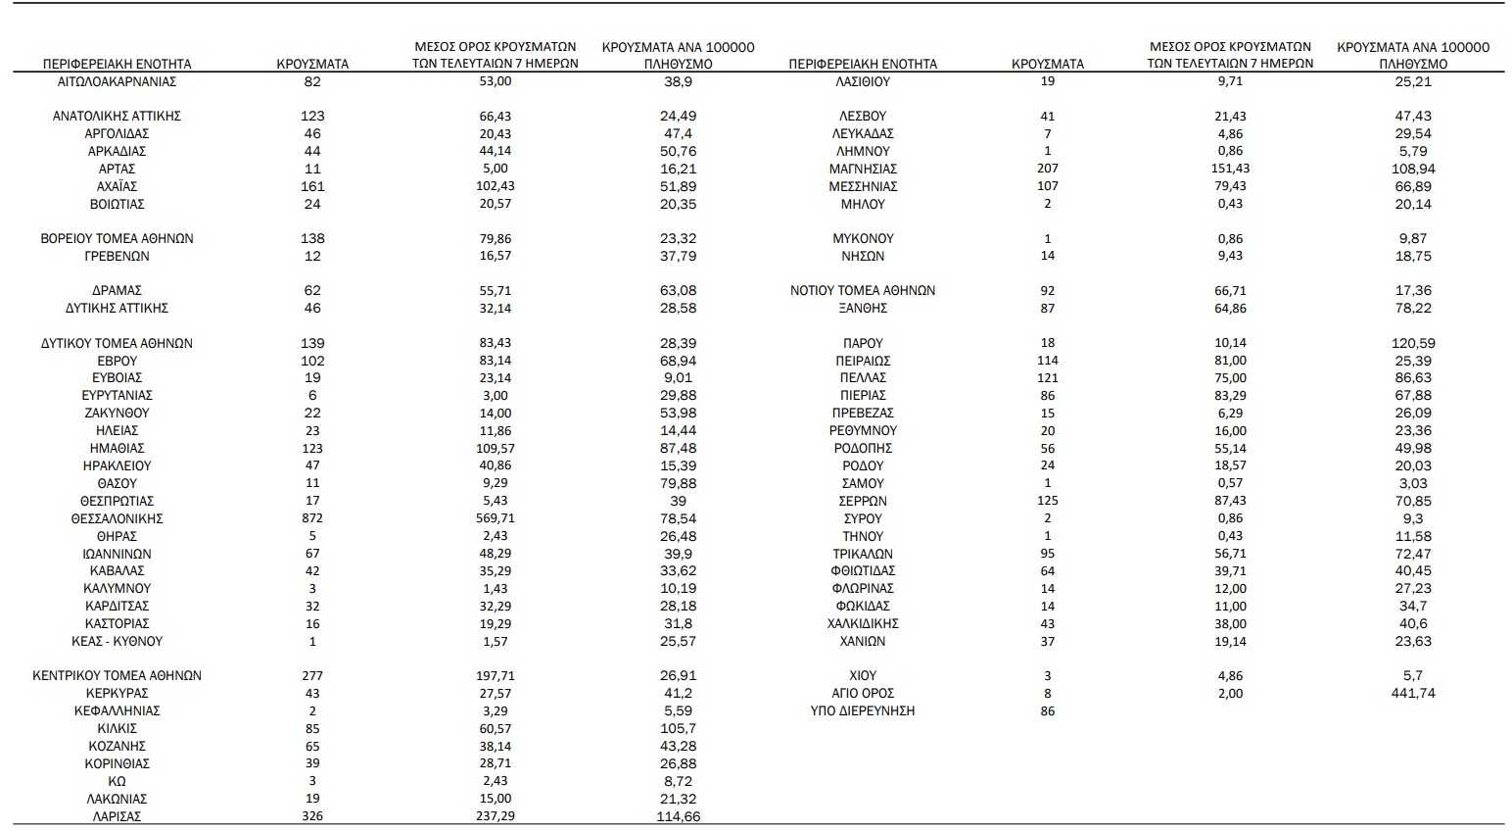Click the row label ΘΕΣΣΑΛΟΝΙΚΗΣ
117,518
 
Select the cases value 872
312,518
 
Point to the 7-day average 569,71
496,518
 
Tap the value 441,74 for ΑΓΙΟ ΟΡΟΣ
1413,693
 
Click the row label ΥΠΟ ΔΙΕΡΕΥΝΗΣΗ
862,710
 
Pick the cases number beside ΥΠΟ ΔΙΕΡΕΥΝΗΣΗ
1048,710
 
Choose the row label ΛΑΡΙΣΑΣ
117,816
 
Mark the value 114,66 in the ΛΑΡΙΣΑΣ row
678,816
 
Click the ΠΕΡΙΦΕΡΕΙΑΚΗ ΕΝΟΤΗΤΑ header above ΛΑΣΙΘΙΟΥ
862,64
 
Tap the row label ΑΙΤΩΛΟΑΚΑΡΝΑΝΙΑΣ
117,81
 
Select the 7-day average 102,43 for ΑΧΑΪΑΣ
496,186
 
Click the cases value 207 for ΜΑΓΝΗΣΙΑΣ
1048,169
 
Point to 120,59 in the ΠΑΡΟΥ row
1413,343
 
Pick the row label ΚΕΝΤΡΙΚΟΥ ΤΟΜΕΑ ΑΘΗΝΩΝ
117,675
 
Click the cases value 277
312,675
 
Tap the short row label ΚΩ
117,781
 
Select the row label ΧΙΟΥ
862,675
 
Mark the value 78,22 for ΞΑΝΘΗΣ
1413,308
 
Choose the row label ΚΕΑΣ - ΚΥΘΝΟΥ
117,641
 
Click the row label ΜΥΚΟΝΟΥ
862,238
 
